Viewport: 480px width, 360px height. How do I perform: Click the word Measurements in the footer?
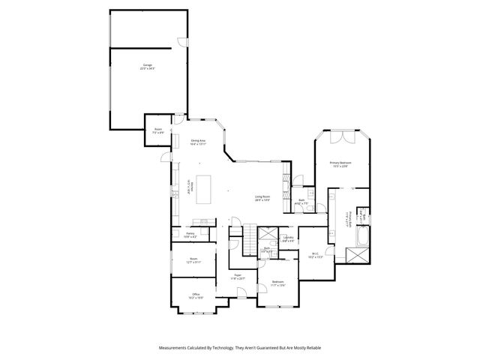(x=175, y=348)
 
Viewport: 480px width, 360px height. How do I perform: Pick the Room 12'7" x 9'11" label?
(x=193, y=261)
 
